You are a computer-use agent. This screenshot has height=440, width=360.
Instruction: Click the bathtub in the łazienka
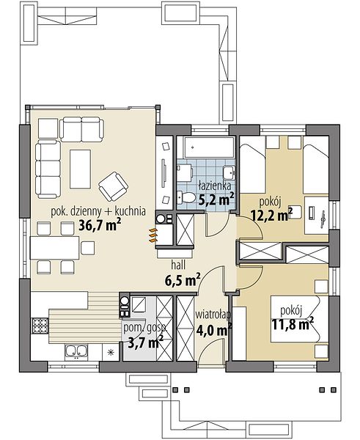click(x=209, y=147)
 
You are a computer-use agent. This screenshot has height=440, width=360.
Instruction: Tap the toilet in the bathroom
click(x=185, y=197)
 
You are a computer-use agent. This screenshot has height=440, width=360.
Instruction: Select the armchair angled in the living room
click(x=114, y=186)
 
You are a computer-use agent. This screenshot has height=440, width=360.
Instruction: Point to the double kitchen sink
click(x=76, y=351)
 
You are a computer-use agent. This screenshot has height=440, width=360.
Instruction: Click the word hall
click(x=178, y=264)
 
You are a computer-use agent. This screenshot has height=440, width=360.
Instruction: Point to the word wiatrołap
click(x=213, y=315)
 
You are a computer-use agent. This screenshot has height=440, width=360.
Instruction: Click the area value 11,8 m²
click(x=293, y=324)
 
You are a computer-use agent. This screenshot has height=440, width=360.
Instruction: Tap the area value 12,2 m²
click(x=271, y=215)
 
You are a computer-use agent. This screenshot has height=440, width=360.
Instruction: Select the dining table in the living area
click(x=55, y=248)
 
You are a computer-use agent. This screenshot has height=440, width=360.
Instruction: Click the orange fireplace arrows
click(x=153, y=235)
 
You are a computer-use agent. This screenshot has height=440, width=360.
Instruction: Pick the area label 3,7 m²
click(x=145, y=342)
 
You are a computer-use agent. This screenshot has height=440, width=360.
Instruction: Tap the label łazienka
click(x=215, y=186)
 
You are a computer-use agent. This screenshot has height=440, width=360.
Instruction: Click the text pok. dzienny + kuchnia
click(x=98, y=211)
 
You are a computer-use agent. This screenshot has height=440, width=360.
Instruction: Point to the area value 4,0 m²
click(x=213, y=330)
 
